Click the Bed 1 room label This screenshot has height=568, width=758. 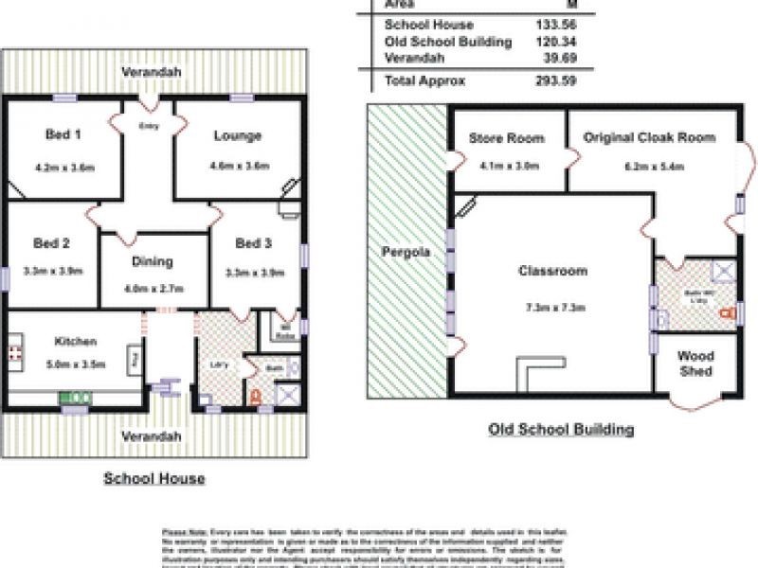point(63,134)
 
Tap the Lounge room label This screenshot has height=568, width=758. point(237,135)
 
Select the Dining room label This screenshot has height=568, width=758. point(153,262)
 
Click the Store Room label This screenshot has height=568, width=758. point(507,138)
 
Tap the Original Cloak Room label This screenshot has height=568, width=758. point(649,138)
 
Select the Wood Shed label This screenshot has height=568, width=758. point(695,363)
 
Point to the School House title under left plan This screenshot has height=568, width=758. point(153,479)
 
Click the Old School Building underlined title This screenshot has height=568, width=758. point(561,430)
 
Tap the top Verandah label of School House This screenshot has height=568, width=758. point(152,73)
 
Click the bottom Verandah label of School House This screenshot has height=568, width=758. point(152,436)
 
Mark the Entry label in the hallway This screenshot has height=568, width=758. point(149,126)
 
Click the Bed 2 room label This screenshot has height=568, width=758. point(53,243)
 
